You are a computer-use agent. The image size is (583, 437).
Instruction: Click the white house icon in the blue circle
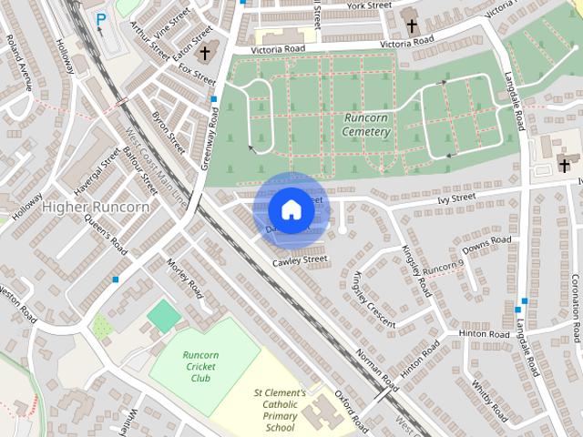[291, 209]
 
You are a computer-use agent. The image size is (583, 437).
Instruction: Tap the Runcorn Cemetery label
[367, 125]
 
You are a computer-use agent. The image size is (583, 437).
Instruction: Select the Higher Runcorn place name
[95, 208]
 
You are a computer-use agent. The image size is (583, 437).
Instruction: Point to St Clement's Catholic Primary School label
[280, 410]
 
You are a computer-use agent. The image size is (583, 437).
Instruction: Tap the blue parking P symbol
[100, 19]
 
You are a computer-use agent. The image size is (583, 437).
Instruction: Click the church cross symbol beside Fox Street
[205, 54]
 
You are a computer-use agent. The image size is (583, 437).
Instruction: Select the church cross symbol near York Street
[411, 25]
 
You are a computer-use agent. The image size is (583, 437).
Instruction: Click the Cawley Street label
[300, 261]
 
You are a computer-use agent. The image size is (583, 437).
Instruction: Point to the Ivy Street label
[456, 197]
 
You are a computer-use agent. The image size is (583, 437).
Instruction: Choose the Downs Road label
[486, 246]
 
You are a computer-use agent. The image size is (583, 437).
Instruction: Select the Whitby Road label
[489, 401]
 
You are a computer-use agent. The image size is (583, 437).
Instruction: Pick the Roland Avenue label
[19, 62]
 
